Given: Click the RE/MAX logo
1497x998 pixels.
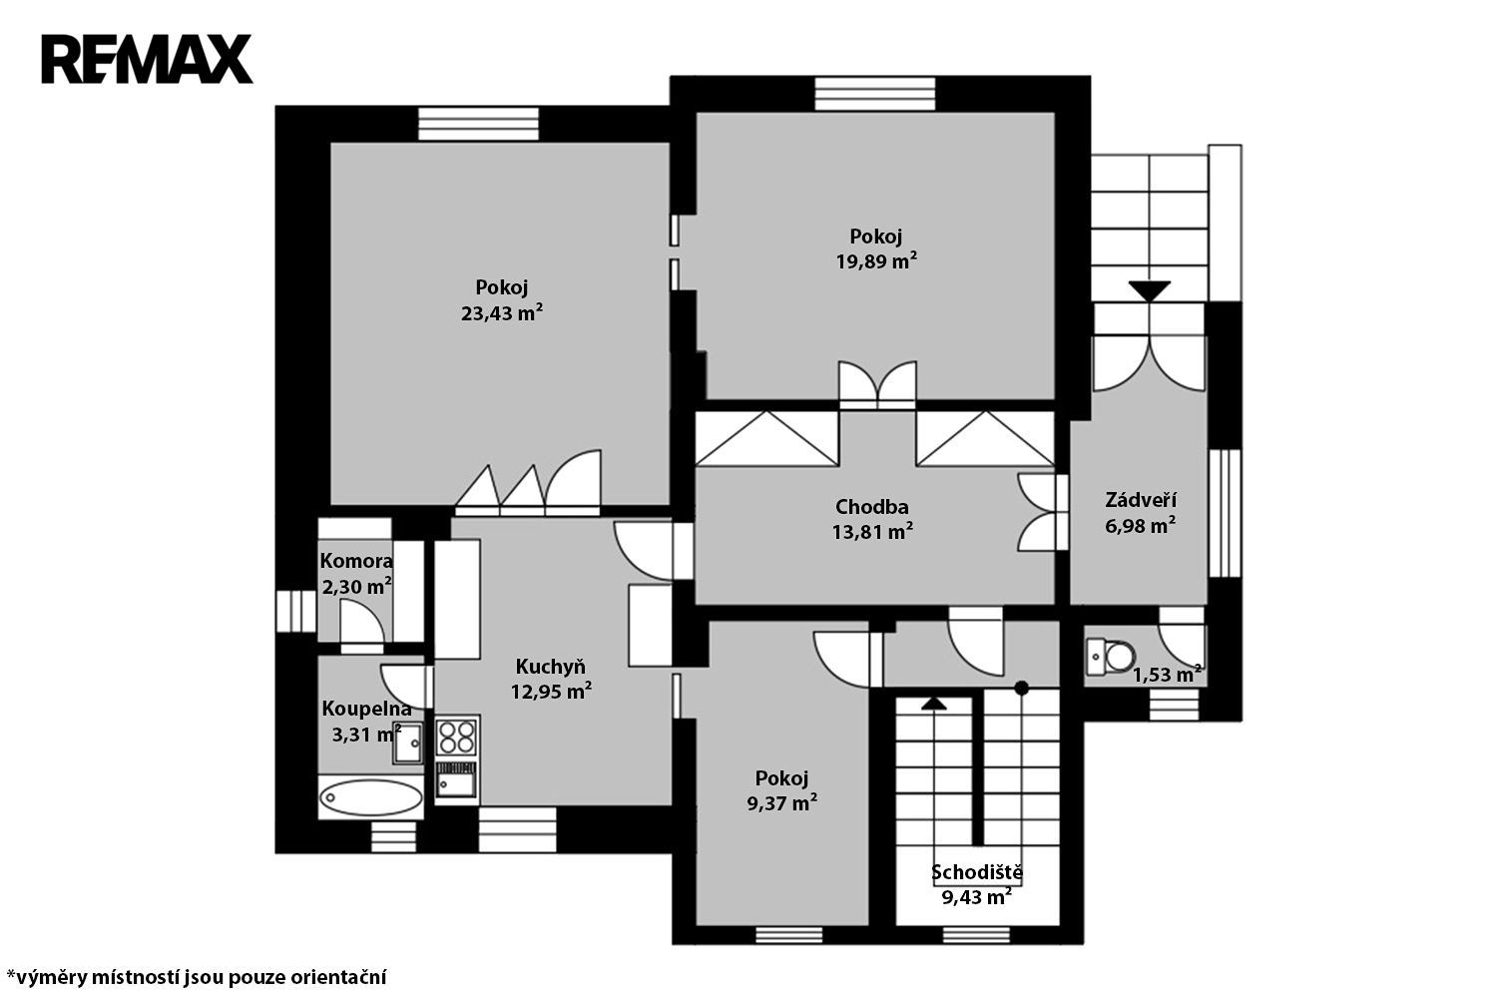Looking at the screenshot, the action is (147, 59).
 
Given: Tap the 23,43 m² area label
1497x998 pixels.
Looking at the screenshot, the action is (502, 312).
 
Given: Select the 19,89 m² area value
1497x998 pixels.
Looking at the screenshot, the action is (876, 260).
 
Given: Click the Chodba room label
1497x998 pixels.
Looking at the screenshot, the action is (872, 507).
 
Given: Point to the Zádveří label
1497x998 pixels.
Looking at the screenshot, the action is (1141, 499).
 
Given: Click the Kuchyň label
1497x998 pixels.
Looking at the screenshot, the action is (551, 667).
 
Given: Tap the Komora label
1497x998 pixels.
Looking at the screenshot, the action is (356, 560).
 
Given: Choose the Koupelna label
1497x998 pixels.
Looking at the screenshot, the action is (367, 708).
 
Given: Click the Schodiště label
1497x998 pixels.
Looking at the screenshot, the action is (977, 871).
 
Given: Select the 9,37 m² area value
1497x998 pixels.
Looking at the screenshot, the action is (781, 802).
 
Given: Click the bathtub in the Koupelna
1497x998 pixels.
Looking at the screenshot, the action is (371, 797).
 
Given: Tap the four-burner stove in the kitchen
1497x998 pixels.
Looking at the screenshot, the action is (457, 737).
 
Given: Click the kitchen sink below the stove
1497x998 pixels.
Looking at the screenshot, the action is (457, 780).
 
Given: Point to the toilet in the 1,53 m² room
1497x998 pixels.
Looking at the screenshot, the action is (1111, 656).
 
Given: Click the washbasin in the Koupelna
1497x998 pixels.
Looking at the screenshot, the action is (407, 743).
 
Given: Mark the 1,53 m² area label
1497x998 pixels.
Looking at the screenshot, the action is (1167, 675).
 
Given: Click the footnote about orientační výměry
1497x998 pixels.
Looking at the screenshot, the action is (197, 977).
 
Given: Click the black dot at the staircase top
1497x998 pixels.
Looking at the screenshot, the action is (1021, 688).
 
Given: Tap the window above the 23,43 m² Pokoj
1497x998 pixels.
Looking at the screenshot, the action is (478, 125).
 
